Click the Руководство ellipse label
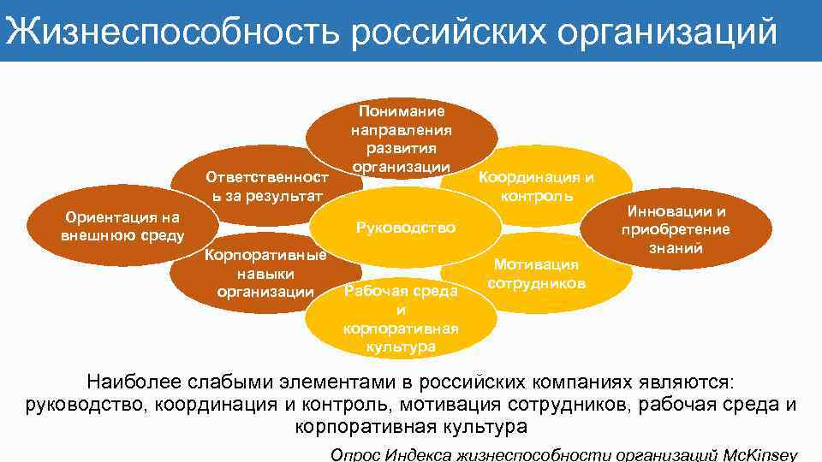click(405, 228)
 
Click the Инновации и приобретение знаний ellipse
click(676, 229)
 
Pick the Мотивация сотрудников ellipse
click(537, 273)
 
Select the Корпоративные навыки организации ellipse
click(265, 273)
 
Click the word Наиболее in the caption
click(125, 382)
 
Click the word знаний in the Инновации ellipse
click(676, 248)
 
